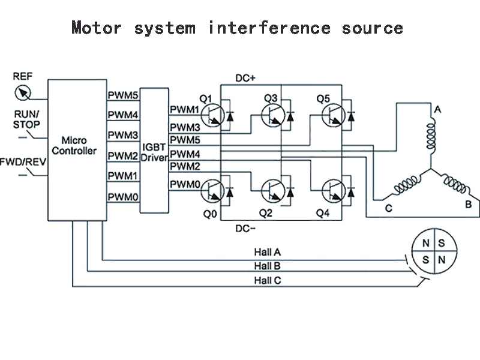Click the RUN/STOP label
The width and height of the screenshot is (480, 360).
click(x=27, y=119)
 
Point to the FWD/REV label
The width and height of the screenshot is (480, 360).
click(x=22, y=161)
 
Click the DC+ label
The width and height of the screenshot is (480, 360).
click(x=245, y=79)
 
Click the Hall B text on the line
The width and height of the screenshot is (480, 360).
click(x=267, y=266)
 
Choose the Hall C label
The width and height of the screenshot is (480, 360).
click(x=267, y=280)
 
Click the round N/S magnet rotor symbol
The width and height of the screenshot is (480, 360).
click(x=433, y=251)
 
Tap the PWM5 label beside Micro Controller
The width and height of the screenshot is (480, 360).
click(x=123, y=95)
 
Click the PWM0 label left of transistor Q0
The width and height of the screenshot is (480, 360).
click(x=184, y=184)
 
